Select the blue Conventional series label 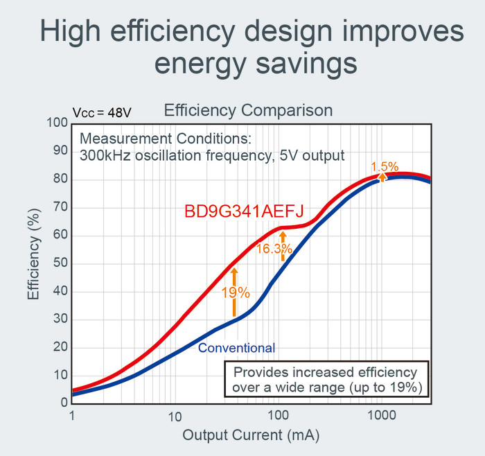[236, 348]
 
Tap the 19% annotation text [236, 292]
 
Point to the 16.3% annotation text [270, 249]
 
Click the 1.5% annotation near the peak [385, 167]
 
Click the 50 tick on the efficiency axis [60, 263]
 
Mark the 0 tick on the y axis [64, 403]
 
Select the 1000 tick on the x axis [380, 416]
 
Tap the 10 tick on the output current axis [175, 416]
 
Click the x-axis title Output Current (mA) [251, 436]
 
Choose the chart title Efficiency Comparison [248, 110]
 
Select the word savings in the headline [305, 64]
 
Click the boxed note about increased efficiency [327, 379]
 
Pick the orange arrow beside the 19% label [234, 291]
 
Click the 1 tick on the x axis [72, 416]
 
